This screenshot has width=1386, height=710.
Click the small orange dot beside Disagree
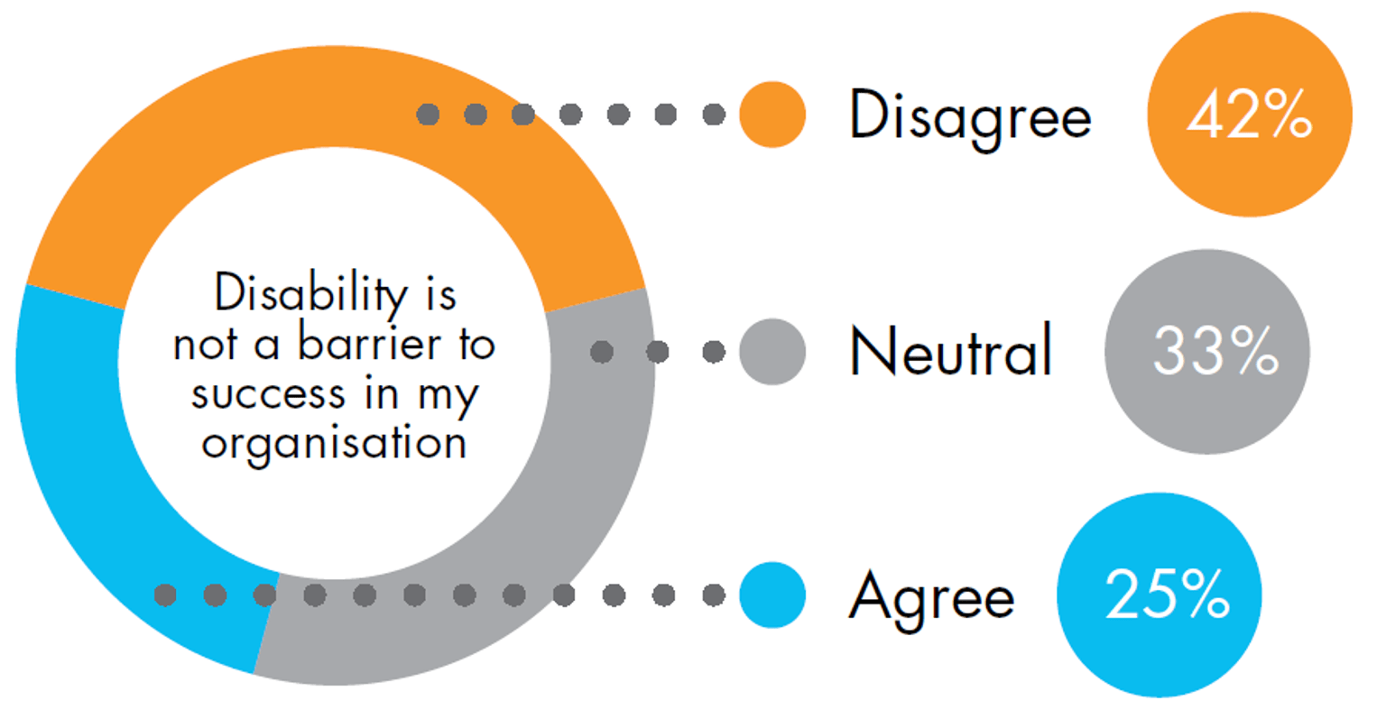(x=772, y=115)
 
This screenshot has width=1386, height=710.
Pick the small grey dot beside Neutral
(x=772, y=352)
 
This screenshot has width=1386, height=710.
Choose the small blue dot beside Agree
(x=772, y=595)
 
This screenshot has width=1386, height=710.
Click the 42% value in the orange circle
(x=1249, y=114)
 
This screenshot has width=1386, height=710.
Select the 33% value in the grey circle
(x=1215, y=351)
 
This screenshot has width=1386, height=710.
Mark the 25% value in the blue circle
(x=1167, y=594)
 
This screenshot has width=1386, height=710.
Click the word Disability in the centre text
(x=310, y=294)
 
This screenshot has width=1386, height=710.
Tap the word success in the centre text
(x=268, y=394)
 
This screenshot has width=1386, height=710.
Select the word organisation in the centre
(x=334, y=444)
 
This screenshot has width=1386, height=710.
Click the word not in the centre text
(x=205, y=345)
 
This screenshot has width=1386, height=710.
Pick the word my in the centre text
(x=448, y=397)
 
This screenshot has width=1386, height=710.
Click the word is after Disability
(x=441, y=294)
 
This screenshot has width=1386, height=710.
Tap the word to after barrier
(x=477, y=344)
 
